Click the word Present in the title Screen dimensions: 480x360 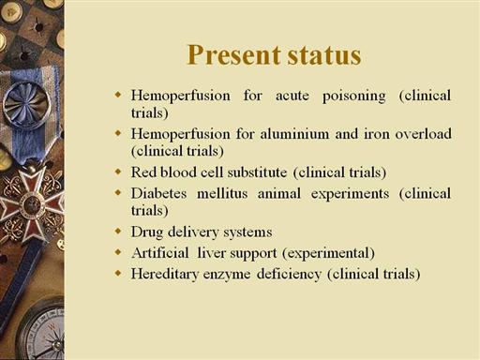[x=233, y=55]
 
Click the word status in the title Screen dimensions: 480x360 [x=324, y=56]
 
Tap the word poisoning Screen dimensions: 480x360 [x=354, y=97]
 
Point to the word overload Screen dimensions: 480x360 [x=423, y=134]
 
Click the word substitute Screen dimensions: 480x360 [x=257, y=172]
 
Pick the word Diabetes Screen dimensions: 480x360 [x=158, y=193]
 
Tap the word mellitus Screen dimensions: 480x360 [x=222, y=193]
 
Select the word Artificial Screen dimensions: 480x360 [x=160, y=253]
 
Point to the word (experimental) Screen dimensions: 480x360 [x=328, y=253]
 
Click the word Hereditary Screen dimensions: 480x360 [x=165, y=274]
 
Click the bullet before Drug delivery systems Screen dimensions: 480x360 [x=118, y=232]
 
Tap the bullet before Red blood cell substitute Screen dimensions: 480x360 [x=118, y=172]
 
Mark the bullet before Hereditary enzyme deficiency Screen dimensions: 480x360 [x=118, y=273]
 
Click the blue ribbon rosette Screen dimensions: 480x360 [x=27, y=105]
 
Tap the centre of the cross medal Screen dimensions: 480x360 [x=31, y=204]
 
